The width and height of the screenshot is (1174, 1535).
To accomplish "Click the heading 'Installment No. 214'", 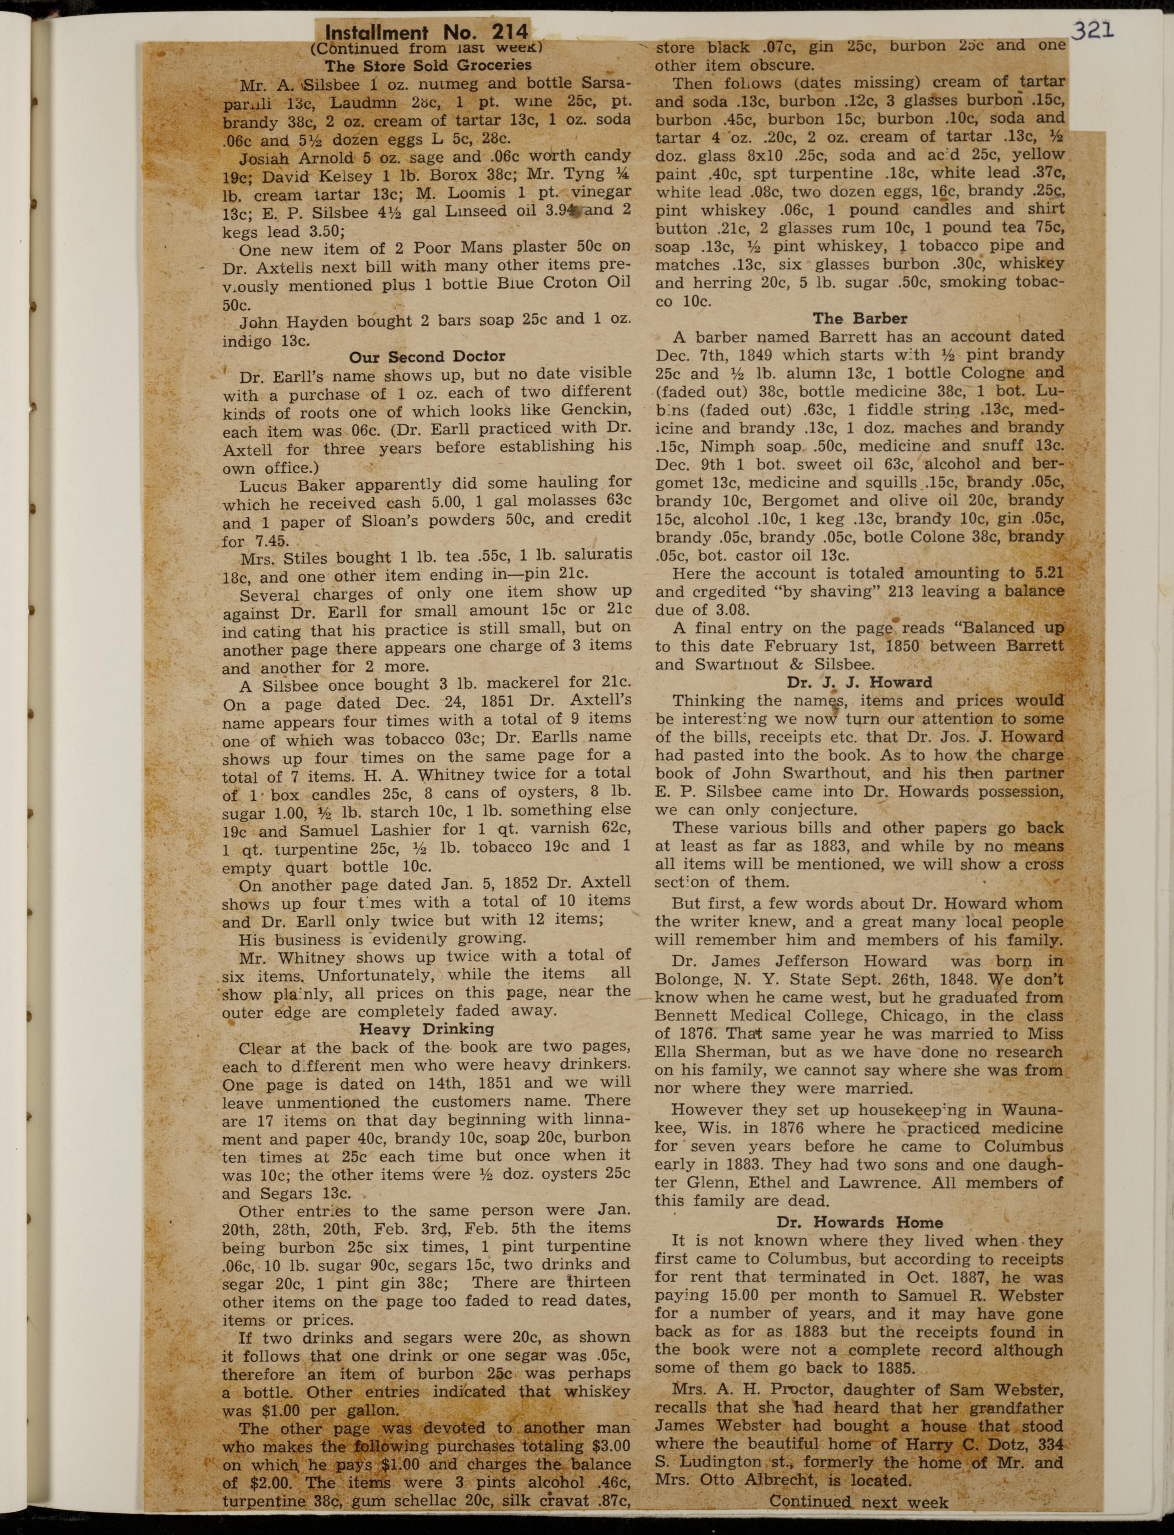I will click(426, 32).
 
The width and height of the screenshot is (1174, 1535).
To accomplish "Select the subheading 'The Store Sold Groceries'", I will click(428, 66).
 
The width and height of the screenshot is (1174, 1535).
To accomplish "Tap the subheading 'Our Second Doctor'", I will click(427, 357).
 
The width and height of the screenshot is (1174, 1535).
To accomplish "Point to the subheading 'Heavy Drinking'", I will click(426, 1029).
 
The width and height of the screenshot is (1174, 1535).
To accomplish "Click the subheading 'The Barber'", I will click(860, 318).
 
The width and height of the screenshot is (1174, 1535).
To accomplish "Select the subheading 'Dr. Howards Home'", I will click(860, 1223).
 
